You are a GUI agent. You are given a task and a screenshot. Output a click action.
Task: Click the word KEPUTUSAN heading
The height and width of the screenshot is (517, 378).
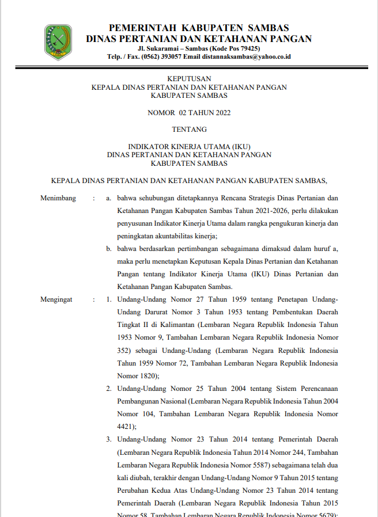pos(189,78)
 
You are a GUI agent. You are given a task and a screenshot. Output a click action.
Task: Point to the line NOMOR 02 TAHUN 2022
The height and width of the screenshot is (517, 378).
pos(189,112)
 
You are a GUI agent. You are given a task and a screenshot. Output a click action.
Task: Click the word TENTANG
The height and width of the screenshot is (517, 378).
pos(189,130)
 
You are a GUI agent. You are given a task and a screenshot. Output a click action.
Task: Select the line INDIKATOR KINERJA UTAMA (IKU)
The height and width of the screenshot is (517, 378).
pos(189,146)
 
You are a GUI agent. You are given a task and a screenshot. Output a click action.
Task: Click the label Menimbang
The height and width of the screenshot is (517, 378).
pos(58,198)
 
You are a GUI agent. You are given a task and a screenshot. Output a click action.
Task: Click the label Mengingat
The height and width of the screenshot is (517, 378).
pos(57,299)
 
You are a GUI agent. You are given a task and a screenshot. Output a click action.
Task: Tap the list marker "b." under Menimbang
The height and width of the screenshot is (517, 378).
pos(108,249)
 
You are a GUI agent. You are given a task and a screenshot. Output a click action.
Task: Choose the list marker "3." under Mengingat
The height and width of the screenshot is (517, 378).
pos(108,439)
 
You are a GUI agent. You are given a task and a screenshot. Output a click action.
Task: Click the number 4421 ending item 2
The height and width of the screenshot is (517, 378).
pos(126,427)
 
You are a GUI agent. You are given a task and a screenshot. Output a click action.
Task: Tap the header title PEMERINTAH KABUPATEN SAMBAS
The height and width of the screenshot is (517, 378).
pos(199,28)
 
